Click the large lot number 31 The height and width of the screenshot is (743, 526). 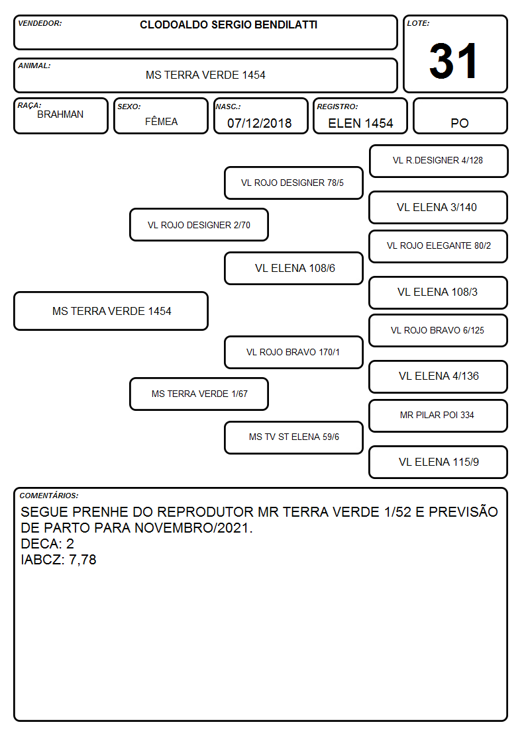coord(453,61)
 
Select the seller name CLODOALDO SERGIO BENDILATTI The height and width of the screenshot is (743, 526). coord(229,24)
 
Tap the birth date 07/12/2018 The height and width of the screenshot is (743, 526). coord(260,123)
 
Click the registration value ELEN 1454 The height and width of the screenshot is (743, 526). coord(360,123)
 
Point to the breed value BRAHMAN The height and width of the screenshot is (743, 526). coord(60,114)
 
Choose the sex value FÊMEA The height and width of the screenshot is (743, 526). coord(161,121)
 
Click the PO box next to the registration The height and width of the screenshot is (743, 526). coord(460,116)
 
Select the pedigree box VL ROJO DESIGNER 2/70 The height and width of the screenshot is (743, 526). coord(199,224)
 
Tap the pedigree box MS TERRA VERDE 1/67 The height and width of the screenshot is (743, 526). coord(199,394)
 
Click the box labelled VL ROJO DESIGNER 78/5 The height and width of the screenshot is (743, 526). coord(293,183)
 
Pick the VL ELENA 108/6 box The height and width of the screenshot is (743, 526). coord(293,268)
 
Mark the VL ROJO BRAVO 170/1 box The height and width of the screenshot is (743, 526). coord(293,352)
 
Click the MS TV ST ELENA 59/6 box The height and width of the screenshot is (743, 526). coord(293,437)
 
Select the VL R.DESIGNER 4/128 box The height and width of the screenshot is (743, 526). coord(439,161)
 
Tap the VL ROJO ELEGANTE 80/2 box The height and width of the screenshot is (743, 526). coord(439,246)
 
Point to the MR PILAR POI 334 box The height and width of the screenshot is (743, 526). coord(439,415)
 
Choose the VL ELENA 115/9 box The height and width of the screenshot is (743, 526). coord(439,462)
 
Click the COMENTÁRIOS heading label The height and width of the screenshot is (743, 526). coord(49,496)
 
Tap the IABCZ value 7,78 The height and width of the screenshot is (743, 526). coord(83,560)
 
